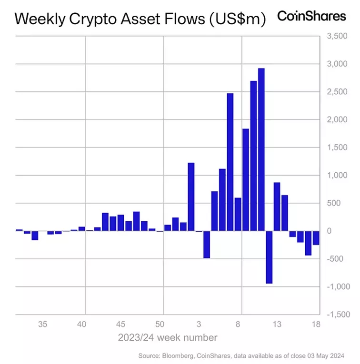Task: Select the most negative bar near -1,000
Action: pyautogui.click(x=269, y=257)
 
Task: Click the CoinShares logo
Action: pyautogui.click(x=311, y=16)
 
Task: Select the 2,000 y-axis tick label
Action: pyautogui.click(x=336, y=119)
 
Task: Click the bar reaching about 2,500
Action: pyautogui.click(x=230, y=162)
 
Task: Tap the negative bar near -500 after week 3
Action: pyautogui.click(x=207, y=244)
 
